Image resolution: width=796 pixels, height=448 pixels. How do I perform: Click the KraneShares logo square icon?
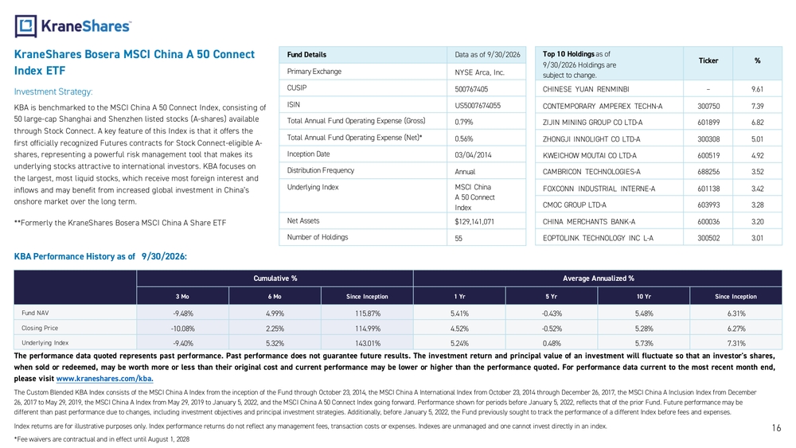[25, 26]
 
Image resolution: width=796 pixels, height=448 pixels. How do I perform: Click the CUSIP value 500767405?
[471, 89]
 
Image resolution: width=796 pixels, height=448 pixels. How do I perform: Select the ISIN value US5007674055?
[477, 106]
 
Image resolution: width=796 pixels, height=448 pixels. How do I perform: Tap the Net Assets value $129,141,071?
[474, 222]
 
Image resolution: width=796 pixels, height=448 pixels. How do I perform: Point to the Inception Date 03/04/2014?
[473, 154]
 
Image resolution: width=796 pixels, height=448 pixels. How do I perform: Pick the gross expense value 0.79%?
[463, 122]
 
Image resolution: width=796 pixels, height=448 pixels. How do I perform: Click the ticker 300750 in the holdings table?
[708, 106]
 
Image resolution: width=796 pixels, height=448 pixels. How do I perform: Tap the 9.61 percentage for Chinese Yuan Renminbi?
[757, 89]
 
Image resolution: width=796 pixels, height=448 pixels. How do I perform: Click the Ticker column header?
[708, 61]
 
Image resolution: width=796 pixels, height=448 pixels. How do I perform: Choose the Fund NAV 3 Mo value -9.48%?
[183, 314]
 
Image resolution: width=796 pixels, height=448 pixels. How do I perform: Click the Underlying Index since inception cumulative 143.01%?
[367, 343]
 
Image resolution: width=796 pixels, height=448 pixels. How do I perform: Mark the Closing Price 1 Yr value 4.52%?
[459, 329]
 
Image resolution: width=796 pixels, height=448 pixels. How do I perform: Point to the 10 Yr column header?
[643, 296]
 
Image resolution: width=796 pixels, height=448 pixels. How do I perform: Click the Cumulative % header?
[275, 278]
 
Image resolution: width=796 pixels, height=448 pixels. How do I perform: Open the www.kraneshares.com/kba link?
[104, 379]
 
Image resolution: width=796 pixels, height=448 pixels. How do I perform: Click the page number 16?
[776, 428]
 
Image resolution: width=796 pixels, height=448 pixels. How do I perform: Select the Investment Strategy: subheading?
[53, 92]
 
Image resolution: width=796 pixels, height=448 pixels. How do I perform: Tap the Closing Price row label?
[40, 329]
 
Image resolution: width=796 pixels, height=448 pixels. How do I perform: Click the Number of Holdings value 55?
[458, 238]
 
